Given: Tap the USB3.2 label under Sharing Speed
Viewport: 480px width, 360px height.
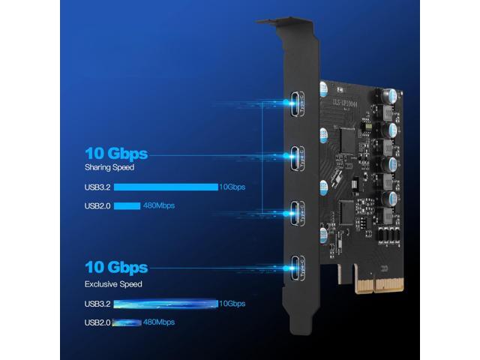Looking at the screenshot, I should point(98,187).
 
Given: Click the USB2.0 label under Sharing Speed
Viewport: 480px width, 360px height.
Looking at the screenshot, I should point(98,205).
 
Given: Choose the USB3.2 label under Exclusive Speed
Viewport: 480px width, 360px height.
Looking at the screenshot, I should point(98,303).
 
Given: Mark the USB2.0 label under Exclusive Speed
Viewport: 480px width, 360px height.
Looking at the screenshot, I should point(98,322).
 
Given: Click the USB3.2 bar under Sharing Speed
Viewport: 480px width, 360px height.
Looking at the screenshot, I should point(166,187).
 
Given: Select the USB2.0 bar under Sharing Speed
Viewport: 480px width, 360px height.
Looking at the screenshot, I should point(127,205).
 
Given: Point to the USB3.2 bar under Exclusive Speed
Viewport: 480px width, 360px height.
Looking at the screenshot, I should point(166,303).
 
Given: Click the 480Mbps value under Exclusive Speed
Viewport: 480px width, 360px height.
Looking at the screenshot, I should point(158,322).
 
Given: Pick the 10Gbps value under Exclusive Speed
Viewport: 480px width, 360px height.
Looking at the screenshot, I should point(232,303).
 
